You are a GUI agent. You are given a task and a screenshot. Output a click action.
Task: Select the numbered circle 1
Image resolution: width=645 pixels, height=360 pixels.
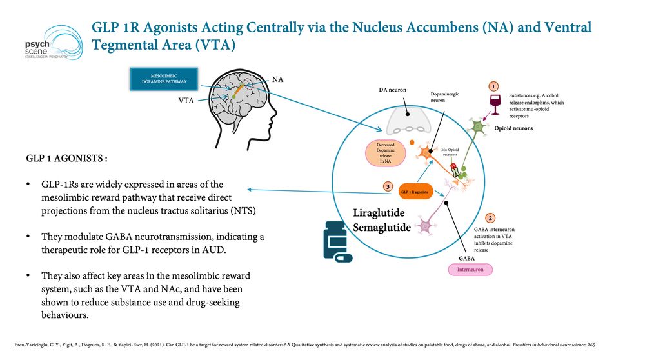pyautogui.click(x=493, y=85)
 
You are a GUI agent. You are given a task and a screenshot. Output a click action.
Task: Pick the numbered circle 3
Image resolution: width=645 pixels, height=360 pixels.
pyautogui.click(x=387, y=187)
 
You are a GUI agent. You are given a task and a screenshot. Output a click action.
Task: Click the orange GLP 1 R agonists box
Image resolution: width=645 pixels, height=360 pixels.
pyautogui.click(x=413, y=192)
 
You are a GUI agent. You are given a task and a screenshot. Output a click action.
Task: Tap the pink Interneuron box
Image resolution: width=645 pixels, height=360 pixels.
pyautogui.click(x=470, y=269)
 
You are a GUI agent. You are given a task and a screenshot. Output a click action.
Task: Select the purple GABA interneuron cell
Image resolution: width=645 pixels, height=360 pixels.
pyautogui.click(x=426, y=226)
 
